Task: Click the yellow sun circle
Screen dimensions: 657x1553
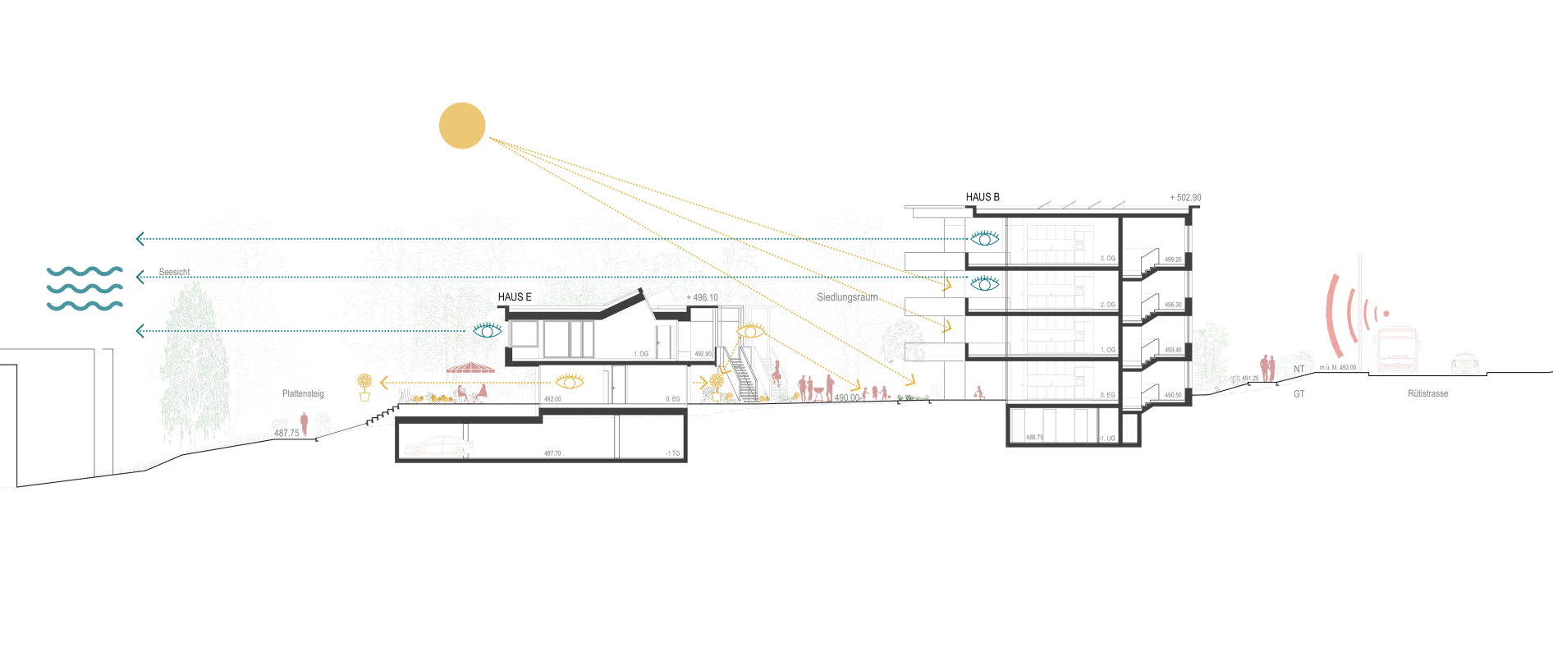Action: [x=462, y=126]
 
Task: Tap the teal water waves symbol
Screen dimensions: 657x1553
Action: [x=85, y=288]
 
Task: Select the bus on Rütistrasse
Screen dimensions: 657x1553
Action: [x=1397, y=351]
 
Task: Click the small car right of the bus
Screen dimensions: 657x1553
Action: [x=1464, y=364]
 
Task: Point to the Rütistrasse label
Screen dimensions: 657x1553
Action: [x=1427, y=393]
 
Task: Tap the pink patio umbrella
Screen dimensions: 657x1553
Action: [x=470, y=369]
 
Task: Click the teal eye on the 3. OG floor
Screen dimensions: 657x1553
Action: [x=985, y=238]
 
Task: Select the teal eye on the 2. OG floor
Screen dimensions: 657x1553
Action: [x=985, y=283]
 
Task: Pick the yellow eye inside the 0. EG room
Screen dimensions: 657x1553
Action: [x=570, y=381]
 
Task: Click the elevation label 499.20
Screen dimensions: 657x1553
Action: [x=1173, y=260]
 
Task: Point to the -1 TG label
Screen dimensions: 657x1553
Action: [x=673, y=453]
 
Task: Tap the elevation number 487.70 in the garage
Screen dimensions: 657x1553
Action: [x=552, y=453]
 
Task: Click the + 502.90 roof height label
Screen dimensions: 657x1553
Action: [x=1185, y=198]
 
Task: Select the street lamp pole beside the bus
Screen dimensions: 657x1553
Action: [x=1360, y=312]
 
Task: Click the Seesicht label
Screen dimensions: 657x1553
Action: [x=174, y=273]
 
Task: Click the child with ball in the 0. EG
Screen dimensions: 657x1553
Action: [x=978, y=393]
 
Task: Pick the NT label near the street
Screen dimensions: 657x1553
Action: [x=1299, y=370]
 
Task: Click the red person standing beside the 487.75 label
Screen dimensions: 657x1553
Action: [x=304, y=424]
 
